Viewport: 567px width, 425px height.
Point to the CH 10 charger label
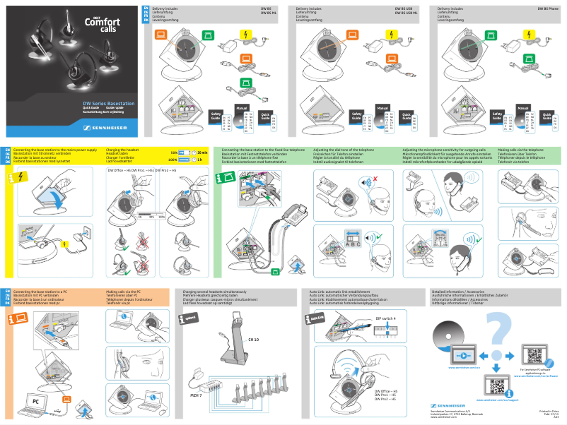tap(253, 340)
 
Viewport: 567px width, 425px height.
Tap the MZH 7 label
tap(197, 395)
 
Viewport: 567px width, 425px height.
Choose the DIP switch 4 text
tap(385, 319)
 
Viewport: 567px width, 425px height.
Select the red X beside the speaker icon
tap(376, 179)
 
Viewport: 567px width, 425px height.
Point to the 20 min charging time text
tap(202, 152)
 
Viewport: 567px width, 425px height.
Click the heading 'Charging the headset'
tap(122, 150)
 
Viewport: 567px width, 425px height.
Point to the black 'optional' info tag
tap(189, 318)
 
